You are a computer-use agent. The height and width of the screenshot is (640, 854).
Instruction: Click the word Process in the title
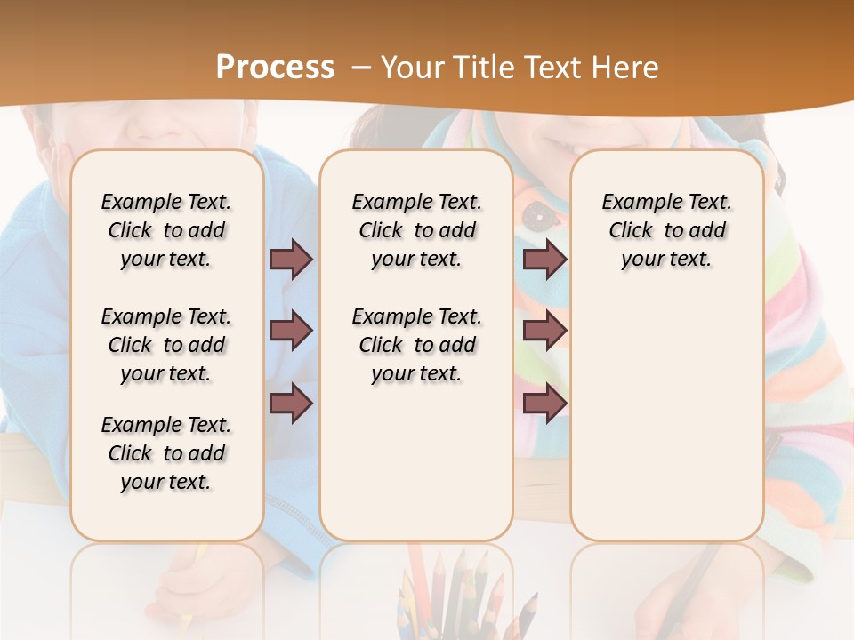coord(275,67)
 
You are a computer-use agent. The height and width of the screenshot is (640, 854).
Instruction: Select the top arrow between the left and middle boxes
coord(291,259)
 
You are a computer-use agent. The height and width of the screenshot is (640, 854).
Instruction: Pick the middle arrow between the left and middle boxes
coord(291,331)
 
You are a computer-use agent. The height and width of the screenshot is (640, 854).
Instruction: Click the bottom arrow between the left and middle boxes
coord(291,404)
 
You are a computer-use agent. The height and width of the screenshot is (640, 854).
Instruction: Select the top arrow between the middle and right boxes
coord(544,259)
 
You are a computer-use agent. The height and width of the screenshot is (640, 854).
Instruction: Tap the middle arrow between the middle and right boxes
coord(544,331)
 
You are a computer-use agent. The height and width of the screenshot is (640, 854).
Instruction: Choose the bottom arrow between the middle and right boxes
coord(544,404)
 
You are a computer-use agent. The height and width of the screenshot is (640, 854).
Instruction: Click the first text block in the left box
coord(166,230)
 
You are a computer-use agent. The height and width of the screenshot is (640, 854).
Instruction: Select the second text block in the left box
coord(166,345)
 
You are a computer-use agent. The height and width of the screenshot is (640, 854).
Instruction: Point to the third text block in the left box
coord(166,453)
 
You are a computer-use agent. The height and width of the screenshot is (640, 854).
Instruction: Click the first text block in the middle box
coord(416,230)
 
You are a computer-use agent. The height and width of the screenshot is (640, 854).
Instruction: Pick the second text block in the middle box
coord(416,345)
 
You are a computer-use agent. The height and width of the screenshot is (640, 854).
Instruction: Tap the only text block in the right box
coord(666,230)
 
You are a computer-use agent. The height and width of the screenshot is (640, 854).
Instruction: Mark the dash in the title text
coord(360,68)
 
